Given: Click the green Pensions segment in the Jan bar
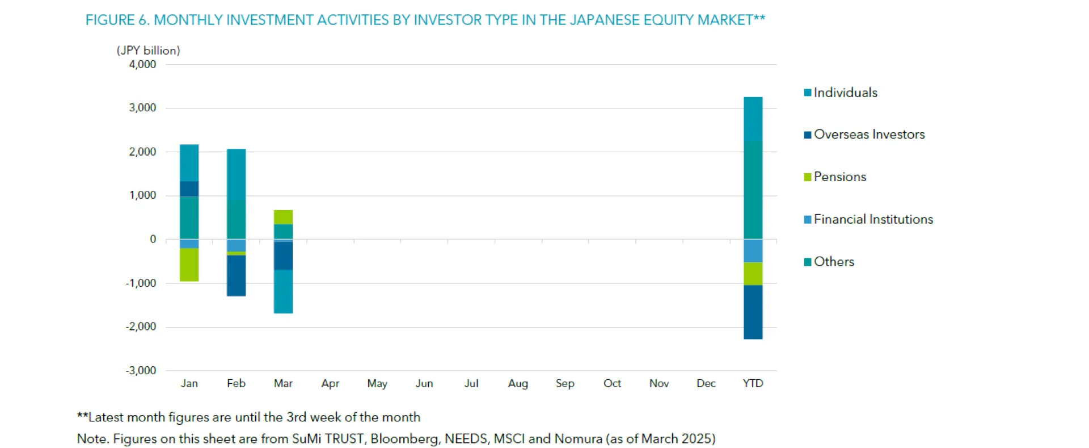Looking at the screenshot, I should click(x=189, y=265).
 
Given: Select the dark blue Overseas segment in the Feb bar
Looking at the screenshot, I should click(x=236, y=275).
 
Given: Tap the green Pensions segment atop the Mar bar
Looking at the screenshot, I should click(x=283, y=217).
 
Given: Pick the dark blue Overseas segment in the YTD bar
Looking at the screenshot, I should click(x=753, y=312).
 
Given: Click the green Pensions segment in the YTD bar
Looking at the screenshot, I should click(x=753, y=274).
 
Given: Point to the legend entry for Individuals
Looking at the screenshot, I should click(x=845, y=93).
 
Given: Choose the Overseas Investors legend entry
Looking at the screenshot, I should click(x=869, y=135).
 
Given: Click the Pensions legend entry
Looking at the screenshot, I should click(x=839, y=177).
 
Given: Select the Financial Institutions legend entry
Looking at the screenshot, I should click(x=873, y=219).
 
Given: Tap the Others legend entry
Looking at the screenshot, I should click(x=834, y=262).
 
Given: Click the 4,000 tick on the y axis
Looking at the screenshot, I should click(x=142, y=64).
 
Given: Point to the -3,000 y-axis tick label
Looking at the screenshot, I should click(x=141, y=370).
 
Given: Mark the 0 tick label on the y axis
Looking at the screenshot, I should click(x=153, y=239).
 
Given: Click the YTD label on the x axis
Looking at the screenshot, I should click(x=753, y=383).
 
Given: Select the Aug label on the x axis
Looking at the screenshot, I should click(x=518, y=383).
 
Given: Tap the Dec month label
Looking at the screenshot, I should click(x=706, y=383).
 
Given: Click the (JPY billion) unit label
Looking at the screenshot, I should click(x=148, y=50).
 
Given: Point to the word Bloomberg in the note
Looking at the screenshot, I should click(x=404, y=438).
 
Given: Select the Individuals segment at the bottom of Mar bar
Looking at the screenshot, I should click(x=283, y=291).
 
